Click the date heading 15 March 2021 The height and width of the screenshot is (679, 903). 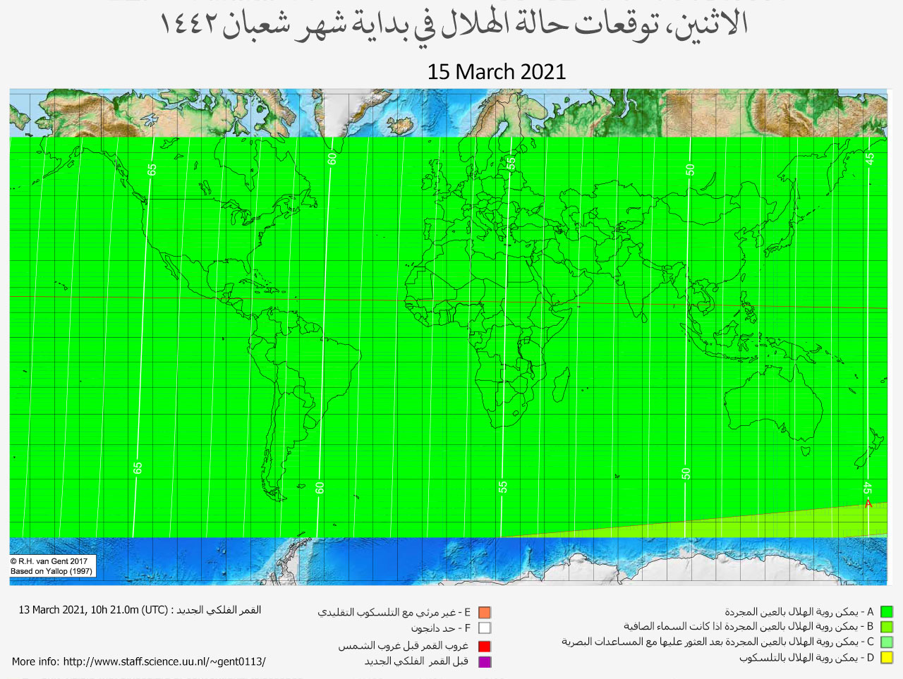click(x=496, y=72)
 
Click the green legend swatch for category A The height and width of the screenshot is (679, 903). click(x=887, y=612)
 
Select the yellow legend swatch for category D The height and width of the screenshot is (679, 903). click(x=887, y=658)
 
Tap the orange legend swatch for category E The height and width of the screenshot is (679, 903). click(x=484, y=613)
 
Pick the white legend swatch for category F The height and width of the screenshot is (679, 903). click(x=484, y=628)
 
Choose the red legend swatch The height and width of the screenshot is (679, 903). click(x=484, y=646)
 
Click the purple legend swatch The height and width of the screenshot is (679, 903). click(x=484, y=661)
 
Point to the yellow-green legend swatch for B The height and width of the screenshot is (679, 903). click(x=887, y=627)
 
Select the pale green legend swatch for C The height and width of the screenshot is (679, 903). click(x=887, y=642)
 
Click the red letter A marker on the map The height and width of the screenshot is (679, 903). click(x=868, y=503)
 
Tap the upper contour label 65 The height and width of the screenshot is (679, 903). click(x=152, y=169)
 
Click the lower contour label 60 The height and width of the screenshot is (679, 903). click(x=320, y=487)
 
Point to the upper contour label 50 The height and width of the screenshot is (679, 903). click(x=691, y=169)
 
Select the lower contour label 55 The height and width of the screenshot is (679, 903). click(x=503, y=487)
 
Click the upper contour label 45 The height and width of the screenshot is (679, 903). click(x=870, y=159)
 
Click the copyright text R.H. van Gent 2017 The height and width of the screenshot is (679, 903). click(x=49, y=561)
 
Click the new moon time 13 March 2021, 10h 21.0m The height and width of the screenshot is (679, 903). click(x=80, y=610)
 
